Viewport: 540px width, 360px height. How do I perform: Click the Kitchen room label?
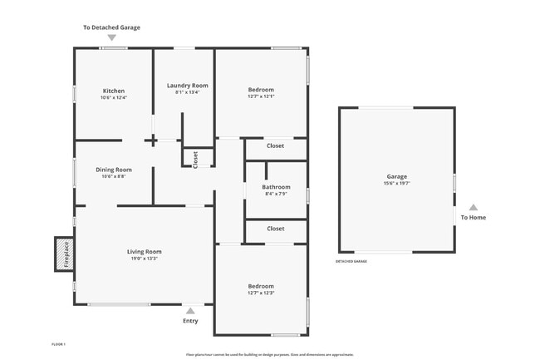click(113, 91)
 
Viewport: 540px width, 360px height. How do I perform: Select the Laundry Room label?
click(187, 86)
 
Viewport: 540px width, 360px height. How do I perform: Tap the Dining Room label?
click(113, 170)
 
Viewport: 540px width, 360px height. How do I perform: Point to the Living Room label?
click(144, 252)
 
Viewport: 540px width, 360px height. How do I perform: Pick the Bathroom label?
click(276, 187)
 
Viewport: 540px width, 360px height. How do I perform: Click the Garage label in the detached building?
click(396, 177)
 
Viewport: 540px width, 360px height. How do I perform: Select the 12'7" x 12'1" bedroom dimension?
click(261, 96)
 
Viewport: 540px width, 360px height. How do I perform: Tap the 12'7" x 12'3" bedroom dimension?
click(261, 293)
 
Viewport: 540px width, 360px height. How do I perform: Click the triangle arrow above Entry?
click(190, 310)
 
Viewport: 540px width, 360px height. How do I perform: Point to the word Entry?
click(190, 321)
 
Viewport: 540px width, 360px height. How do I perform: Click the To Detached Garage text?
click(111, 27)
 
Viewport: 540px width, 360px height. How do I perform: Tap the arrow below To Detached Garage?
click(111, 38)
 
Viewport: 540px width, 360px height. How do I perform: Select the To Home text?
click(474, 218)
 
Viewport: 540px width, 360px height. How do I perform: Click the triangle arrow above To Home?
click(474, 207)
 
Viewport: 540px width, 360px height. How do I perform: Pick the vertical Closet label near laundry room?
click(195, 159)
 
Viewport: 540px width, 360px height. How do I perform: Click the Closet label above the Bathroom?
click(275, 146)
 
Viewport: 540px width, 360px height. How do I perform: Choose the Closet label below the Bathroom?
click(275, 229)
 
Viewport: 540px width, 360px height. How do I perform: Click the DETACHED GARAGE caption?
click(351, 261)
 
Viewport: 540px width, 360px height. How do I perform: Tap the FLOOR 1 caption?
click(58, 343)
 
